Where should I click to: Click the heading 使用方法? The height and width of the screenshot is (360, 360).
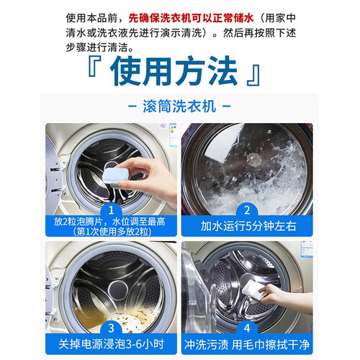click(174, 71)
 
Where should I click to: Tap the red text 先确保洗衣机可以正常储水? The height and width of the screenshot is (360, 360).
click(191, 18)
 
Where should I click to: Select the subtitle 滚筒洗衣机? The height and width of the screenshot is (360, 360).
click(179, 106)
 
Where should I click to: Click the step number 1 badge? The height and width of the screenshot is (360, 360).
click(111, 210)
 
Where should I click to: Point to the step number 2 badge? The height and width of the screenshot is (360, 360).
click(247, 210)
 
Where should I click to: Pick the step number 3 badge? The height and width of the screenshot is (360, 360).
click(111, 328)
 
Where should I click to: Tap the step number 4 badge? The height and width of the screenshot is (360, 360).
click(247, 328)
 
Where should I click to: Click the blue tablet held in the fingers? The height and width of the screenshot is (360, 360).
click(115, 176)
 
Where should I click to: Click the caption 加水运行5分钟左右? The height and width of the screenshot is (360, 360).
click(248, 226)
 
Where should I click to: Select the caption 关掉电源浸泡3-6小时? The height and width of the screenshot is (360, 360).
click(111, 344)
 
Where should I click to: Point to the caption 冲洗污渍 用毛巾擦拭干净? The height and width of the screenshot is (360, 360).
click(247, 345)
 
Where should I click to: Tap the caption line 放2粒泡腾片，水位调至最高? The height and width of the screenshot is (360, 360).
click(109, 222)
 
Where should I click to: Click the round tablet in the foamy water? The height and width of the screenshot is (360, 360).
click(253, 159)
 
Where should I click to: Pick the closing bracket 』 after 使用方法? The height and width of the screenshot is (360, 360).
click(253, 75)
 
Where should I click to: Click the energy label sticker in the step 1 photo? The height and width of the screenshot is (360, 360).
click(173, 135)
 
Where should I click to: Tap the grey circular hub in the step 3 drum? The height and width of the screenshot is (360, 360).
click(117, 290)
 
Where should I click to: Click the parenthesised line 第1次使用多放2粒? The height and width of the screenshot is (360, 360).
click(112, 232)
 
